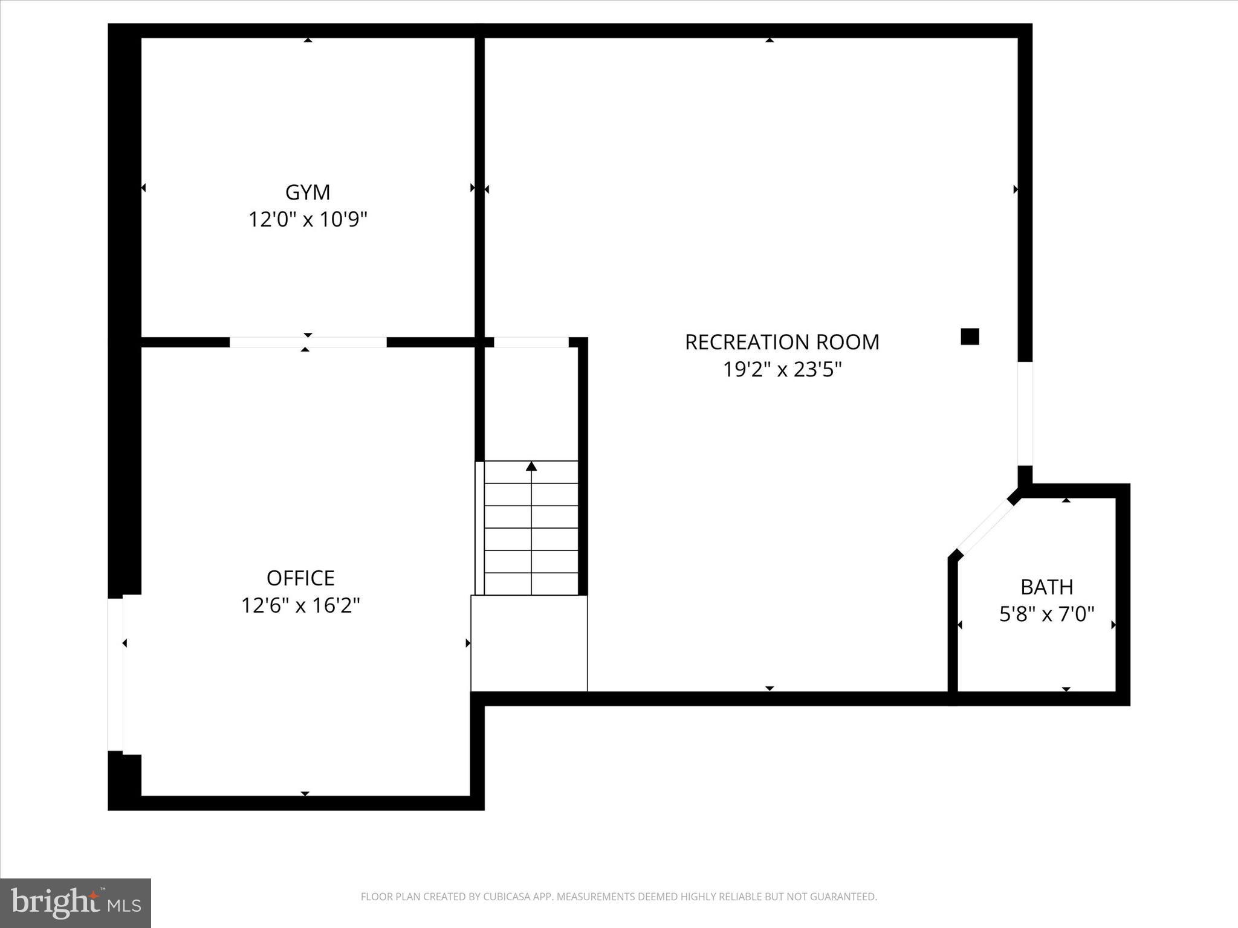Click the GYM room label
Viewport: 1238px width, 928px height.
pyautogui.click(x=308, y=192)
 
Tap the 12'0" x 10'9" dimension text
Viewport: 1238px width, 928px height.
pyautogui.click(x=308, y=219)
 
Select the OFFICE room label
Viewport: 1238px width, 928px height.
pyautogui.click(x=300, y=578)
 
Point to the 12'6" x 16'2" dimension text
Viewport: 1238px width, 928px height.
pyautogui.click(x=300, y=605)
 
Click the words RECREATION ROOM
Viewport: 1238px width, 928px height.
pyautogui.click(x=782, y=342)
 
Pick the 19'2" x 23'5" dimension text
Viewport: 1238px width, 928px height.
pyautogui.click(x=782, y=369)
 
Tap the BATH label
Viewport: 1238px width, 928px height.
pyautogui.click(x=1046, y=587)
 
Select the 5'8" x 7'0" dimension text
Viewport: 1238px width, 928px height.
pyautogui.click(x=1046, y=614)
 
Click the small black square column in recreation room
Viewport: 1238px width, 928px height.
pyautogui.click(x=970, y=337)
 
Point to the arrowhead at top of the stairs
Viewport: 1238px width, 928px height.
pyautogui.click(x=531, y=466)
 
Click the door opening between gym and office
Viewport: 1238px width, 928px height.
pyautogui.click(x=308, y=343)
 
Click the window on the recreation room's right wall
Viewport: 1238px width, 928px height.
pyautogui.click(x=1025, y=413)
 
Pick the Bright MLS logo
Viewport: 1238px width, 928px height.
pyautogui.click(x=76, y=903)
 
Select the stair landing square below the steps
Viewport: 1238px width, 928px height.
pyautogui.click(x=529, y=643)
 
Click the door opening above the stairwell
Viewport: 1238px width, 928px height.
pyautogui.click(x=531, y=343)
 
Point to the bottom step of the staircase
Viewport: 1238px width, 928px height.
pyautogui.click(x=531, y=584)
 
